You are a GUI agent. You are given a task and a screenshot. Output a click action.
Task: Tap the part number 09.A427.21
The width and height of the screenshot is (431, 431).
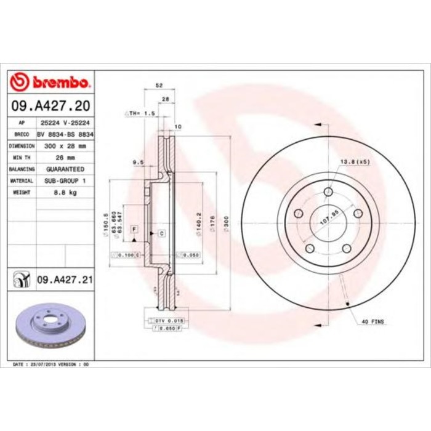tap(65, 280)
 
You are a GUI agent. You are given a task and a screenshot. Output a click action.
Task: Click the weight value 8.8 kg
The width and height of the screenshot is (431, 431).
tap(65, 193)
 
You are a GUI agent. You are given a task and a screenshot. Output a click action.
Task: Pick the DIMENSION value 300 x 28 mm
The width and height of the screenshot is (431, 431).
tap(65, 146)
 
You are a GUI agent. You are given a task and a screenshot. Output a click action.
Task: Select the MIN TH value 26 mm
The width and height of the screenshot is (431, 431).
tap(65, 158)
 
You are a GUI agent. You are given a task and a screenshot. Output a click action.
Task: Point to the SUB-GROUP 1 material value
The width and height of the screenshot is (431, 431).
tap(65, 181)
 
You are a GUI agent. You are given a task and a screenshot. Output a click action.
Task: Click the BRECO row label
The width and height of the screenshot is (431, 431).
tap(22, 134)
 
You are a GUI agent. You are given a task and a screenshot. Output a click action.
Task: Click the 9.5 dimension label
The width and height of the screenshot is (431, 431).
tap(137, 163)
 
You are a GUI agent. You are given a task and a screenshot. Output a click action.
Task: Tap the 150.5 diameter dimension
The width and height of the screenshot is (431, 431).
tap(107, 220)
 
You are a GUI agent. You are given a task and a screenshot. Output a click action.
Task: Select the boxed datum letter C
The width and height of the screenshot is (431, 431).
tap(161, 233)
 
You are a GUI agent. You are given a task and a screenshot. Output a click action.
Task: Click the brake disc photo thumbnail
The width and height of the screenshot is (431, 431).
tap(51, 326)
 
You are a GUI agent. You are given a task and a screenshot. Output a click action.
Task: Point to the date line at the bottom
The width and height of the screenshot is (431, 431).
tap(51, 364)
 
